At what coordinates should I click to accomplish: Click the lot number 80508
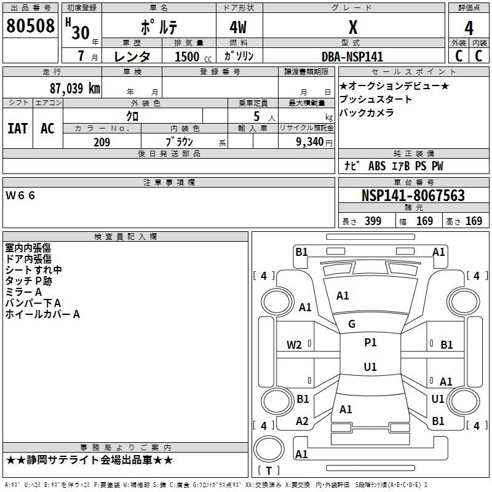pyautogui.click(x=30, y=25)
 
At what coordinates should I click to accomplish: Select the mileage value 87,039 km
pyautogui.click(x=75, y=88)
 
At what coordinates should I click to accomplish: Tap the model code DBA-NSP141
pyautogui.click(x=352, y=57)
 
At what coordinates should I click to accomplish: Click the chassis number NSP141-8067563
pyautogui.click(x=413, y=195)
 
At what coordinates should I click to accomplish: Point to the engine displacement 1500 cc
pyautogui.click(x=193, y=57)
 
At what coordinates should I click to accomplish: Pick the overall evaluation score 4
pyautogui.click(x=469, y=28)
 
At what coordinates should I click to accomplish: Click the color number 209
pyautogui.click(x=101, y=142)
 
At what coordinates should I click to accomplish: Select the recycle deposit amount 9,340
pyautogui.click(x=309, y=141)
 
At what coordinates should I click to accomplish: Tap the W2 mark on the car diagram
pyautogui.click(x=294, y=345)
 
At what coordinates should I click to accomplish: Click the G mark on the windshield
pyautogui.click(x=352, y=324)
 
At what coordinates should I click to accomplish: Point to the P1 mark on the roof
pyautogui.click(x=370, y=343)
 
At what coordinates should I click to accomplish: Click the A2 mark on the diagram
pyautogui.click(x=302, y=421)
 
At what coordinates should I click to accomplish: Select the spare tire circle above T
pyautogui.click(x=269, y=449)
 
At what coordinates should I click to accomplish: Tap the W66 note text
pyautogui.click(x=20, y=196)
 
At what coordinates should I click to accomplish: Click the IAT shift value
pyautogui.click(x=18, y=129)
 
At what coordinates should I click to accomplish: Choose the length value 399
pyautogui.click(x=373, y=221)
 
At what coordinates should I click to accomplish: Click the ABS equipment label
pyautogui.click(x=377, y=166)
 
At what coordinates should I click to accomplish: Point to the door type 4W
pyautogui.click(x=238, y=27)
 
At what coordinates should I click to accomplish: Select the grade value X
pyautogui.click(x=353, y=27)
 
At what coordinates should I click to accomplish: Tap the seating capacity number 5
pyautogui.click(x=256, y=116)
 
